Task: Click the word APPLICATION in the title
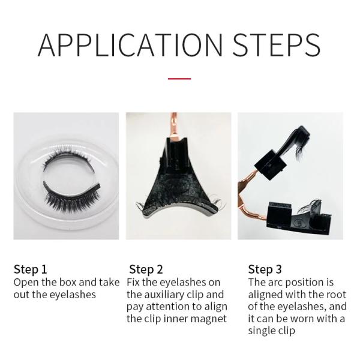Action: click(130, 45)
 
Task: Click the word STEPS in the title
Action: click(277, 45)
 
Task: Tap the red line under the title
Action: click(179, 79)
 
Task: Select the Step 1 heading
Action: click(31, 269)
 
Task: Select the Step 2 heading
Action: click(146, 269)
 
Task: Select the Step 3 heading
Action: click(265, 269)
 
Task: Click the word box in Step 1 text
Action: click(68, 282)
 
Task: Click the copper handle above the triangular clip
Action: click(174, 125)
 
